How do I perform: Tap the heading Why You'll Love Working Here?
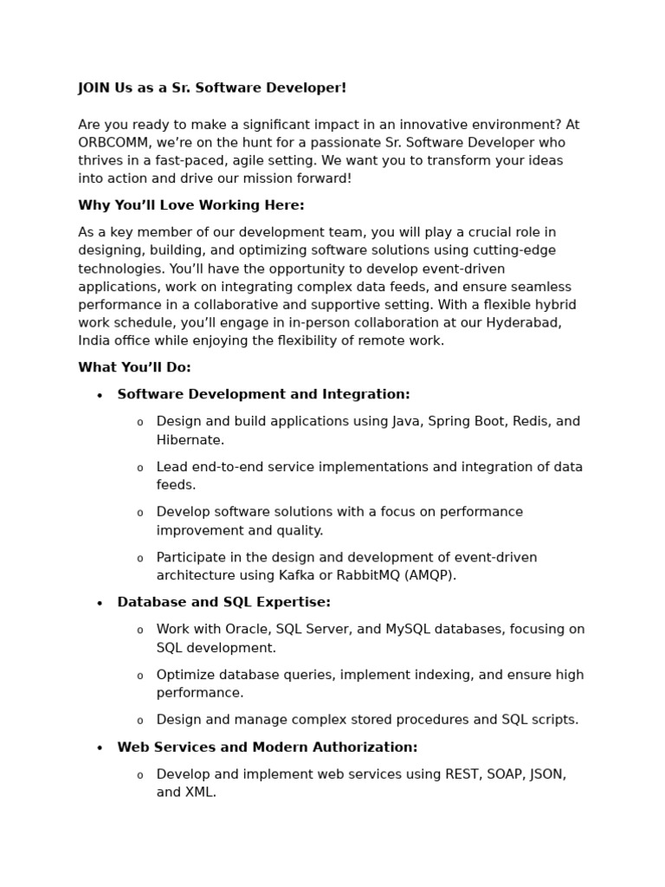click(x=190, y=205)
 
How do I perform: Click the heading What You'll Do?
click(x=134, y=367)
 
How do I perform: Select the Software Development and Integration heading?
click(x=263, y=394)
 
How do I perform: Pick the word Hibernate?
click(x=190, y=440)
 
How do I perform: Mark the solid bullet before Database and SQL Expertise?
click(x=100, y=604)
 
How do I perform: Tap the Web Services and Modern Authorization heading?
click(x=267, y=747)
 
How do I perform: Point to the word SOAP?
click(x=500, y=774)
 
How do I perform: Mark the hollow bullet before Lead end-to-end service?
click(x=139, y=469)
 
